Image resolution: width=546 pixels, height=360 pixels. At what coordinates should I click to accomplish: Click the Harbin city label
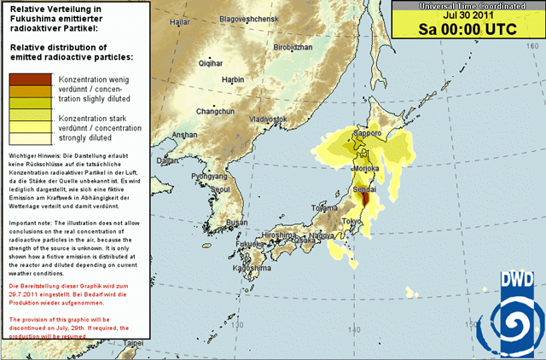click(x=233, y=79)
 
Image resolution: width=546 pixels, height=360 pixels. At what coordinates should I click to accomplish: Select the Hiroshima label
click(x=279, y=234)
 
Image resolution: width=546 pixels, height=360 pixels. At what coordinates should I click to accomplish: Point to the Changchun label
click(x=215, y=112)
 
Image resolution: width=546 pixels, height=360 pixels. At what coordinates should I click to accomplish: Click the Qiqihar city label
click(x=211, y=63)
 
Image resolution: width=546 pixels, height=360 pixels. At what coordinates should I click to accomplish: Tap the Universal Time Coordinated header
click(x=466, y=4)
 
